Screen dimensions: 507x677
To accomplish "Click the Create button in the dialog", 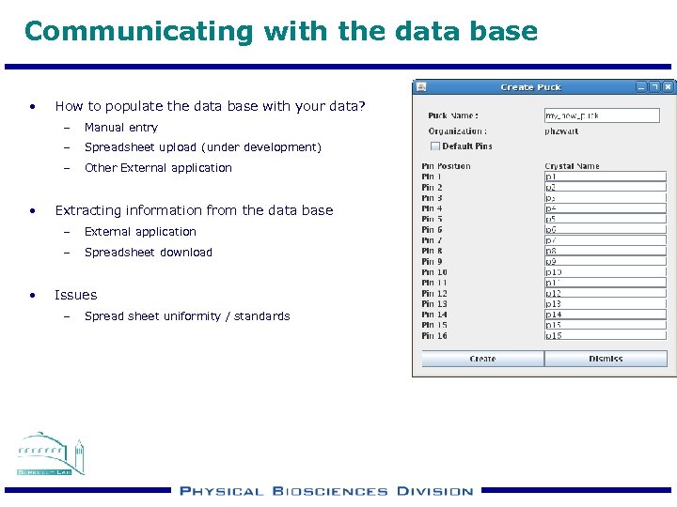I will [482, 359].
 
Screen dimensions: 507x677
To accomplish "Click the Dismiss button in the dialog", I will [606, 359].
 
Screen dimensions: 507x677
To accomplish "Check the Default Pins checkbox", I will [434, 146].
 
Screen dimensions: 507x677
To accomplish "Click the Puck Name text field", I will [602, 115].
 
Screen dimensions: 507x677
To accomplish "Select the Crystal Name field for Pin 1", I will [605, 177].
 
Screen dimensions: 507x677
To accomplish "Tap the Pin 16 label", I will [434, 336].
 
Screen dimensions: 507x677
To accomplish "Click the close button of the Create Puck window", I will [668, 86].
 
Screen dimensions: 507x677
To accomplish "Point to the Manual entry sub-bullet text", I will [121, 128].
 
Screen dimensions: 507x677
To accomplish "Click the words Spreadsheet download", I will [149, 253].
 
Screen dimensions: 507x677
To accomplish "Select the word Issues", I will [75, 295].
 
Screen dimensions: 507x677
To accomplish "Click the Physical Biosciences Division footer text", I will [326, 491].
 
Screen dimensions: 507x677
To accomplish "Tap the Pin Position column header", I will [446, 166].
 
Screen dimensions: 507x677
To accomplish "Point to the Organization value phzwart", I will [561, 131].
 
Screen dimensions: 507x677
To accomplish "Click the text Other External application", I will [158, 168].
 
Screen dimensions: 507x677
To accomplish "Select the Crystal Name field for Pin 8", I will [605, 252].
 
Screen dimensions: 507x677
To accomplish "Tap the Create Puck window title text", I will [530, 87].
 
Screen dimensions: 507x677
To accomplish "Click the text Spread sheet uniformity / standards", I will [187, 316].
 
